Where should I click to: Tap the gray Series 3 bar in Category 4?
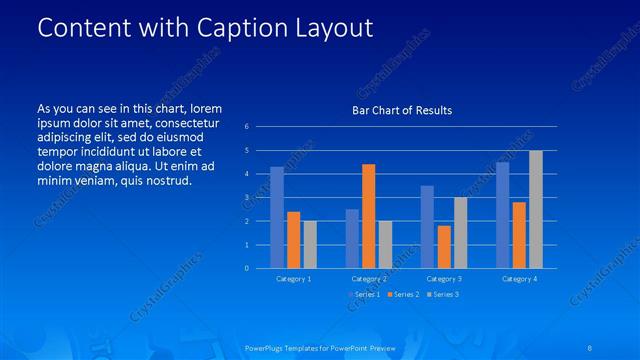536,209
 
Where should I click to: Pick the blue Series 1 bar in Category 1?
277,217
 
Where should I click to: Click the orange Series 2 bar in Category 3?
444,247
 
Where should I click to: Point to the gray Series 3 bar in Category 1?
310,244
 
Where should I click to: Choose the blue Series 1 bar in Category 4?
503,215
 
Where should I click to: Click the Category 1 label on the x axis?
293,279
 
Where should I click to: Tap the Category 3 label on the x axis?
444,279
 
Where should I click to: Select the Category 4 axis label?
519,279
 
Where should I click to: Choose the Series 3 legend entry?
444,294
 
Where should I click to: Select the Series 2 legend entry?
404,294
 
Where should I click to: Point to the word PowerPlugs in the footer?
265,347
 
